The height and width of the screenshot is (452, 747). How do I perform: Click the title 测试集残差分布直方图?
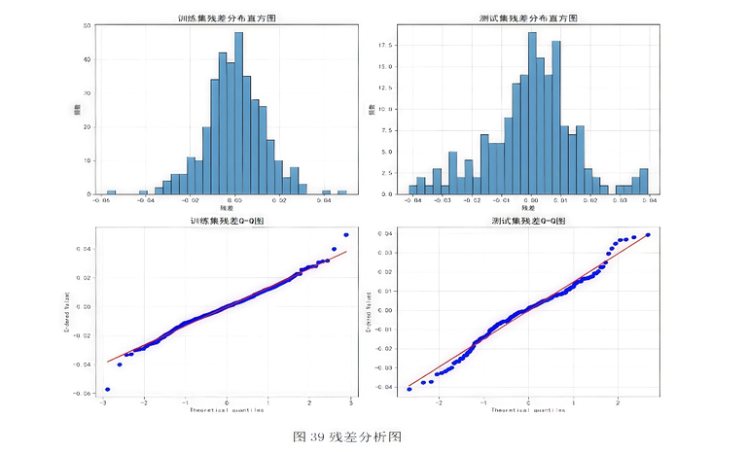[x=525, y=18]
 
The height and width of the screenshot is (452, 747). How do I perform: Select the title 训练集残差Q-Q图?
[x=227, y=221]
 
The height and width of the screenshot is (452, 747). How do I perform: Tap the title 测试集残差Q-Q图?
[x=525, y=221]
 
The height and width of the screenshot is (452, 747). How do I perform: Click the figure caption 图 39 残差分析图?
[x=347, y=436]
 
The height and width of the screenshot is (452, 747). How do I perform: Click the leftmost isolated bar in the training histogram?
[x=111, y=191]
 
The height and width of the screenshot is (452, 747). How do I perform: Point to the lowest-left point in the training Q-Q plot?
[x=107, y=389]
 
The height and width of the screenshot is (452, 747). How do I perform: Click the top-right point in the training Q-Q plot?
[x=345, y=234]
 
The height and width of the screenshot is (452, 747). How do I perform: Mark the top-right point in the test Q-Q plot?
[x=648, y=234]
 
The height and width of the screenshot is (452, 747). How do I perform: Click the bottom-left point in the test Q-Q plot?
[x=409, y=389]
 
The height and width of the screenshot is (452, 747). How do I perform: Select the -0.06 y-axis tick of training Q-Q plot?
[x=85, y=394]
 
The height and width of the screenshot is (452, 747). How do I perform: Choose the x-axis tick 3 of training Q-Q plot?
[x=351, y=402]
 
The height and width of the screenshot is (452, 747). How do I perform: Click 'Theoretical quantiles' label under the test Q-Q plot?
[x=526, y=410]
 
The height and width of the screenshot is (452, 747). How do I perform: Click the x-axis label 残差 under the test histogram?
[x=526, y=208]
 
